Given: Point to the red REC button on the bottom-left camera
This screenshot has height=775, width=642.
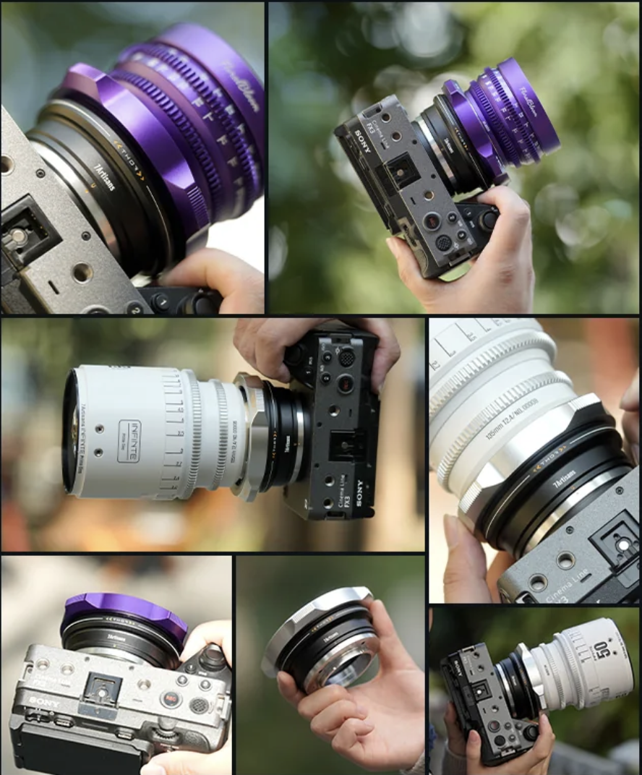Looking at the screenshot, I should click(x=170, y=699).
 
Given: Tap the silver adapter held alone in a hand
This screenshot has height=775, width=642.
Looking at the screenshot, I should click(x=322, y=636).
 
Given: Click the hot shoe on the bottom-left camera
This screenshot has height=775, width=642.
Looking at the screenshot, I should click(x=101, y=690).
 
